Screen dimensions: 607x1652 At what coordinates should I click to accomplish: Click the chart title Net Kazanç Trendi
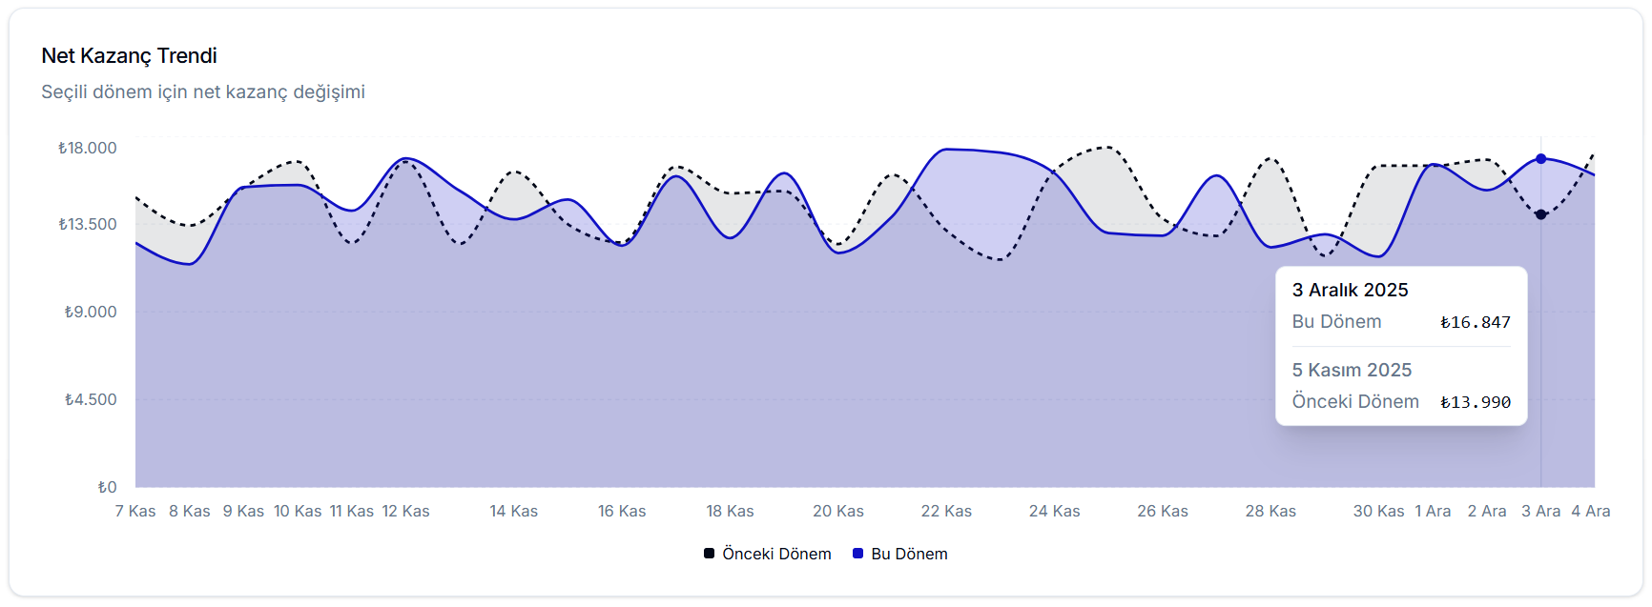coord(129,56)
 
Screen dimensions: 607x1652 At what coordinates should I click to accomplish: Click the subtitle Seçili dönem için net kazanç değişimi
coord(203,92)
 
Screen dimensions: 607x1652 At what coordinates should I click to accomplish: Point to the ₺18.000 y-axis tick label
coord(88,148)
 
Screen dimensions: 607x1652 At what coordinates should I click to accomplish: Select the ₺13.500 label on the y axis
coord(88,225)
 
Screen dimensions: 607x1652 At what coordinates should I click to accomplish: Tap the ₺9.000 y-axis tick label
coord(91,312)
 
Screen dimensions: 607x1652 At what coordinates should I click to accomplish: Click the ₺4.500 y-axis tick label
coord(91,399)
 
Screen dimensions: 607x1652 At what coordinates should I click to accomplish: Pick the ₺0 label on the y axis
coord(107,487)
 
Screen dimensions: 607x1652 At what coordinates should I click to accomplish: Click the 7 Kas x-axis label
coord(135,512)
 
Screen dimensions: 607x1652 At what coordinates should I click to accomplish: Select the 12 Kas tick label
coord(406,512)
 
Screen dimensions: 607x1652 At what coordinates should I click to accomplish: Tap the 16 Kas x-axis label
coord(622,512)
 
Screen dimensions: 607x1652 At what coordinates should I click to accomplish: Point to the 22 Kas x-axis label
coord(946,512)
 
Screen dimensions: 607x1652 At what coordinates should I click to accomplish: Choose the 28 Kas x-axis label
coord(1270,512)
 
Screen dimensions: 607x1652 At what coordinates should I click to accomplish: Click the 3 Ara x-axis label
coord(1540,512)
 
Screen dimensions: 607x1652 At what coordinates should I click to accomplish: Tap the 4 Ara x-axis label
coord(1591,512)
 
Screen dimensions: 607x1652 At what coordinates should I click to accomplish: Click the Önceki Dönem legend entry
coord(768,554)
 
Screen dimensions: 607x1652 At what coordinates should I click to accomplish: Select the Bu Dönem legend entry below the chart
coord(900,554)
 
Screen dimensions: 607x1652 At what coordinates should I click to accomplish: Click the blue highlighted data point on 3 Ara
coord(1540,159)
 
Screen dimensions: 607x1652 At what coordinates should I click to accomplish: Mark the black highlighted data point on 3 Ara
coord(1540,214)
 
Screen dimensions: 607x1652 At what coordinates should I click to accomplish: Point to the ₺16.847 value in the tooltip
coord(1476,322)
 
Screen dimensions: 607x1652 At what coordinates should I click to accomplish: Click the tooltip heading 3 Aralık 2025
coord(1350,290)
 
